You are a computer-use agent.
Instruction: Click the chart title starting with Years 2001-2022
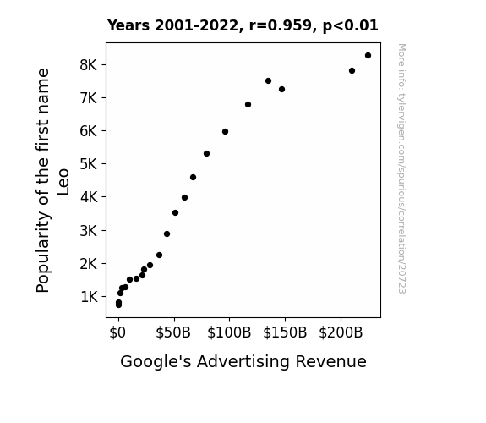tap(243, 25)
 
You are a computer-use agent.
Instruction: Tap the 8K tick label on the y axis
tap(89, 65)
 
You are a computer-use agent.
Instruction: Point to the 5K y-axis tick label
tap(89, 164)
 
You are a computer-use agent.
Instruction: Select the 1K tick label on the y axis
tap(89, 297)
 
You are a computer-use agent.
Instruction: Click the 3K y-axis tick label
tap(89, 231)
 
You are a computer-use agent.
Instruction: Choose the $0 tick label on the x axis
tap(117, 333)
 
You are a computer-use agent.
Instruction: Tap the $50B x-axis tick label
tap(173, 333)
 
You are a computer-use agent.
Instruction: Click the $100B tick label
tap(229, 333)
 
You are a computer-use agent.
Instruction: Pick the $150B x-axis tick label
tap(285, 333)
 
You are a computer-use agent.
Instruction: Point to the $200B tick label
tap(341, 333)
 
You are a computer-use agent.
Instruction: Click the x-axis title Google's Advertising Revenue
tap(243, 362)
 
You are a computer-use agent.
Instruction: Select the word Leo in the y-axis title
tap(63, 182)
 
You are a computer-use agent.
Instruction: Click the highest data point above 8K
tap(368, 56)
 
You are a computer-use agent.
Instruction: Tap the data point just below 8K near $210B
tap(352, 71)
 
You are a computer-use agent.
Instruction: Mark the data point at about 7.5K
tap(269, 80)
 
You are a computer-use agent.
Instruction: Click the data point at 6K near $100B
tap(226, 132)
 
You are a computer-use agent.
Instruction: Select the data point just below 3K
tap(167, 234)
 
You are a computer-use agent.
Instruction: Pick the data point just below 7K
tap(248, 105)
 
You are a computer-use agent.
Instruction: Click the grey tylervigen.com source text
tap(401, 168)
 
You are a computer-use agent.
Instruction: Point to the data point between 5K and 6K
tap(207, 154)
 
